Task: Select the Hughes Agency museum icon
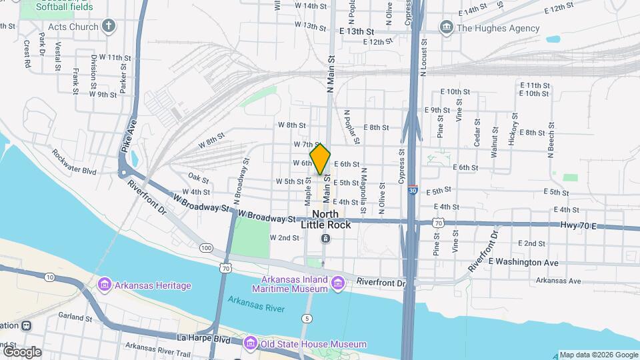pyautogui.click(x=446, y=27)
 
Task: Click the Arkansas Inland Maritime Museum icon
pyautogui.click(x=337, y=285)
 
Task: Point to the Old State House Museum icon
pyautogui.click(x=251, y=343)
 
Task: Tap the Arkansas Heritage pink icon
pyautogui.click(x=104, y=285)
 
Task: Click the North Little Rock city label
pyautogui.click(x=325, y=219)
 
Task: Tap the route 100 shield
pyautogui.click(x=206, y=248)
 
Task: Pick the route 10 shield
pyautogui.click(x=49, y=277)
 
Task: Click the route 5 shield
pyautogui.click(x=306, y=319)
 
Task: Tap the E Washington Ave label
pyautogui.click(x=523, y=262)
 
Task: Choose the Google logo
pyautogui.click(x=22, y=351)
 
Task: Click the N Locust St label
pyautogui.click(x=423, y=59)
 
